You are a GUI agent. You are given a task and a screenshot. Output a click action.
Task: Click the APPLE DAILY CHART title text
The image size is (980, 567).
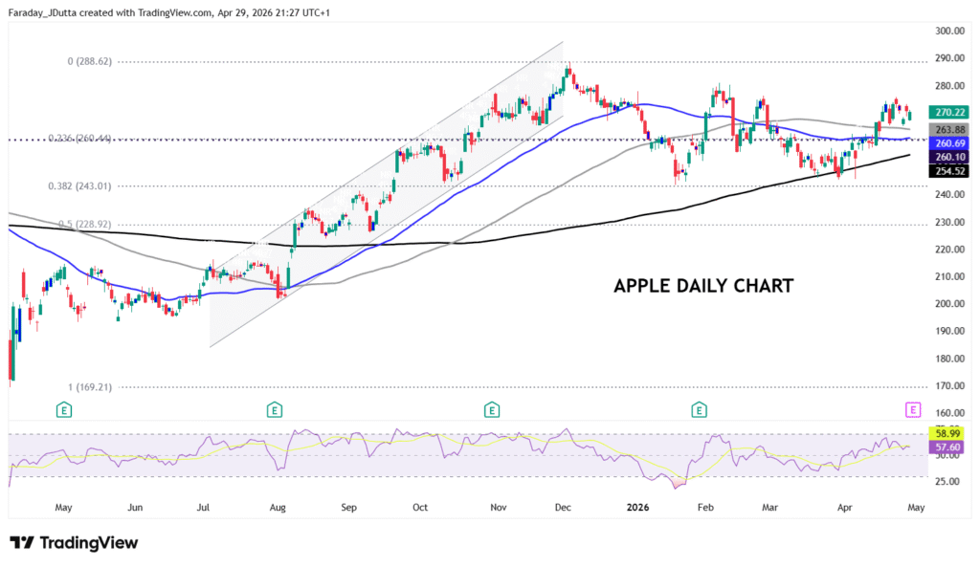[x=702, y=286]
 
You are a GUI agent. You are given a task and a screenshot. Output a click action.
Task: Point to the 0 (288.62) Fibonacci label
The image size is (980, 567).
[x=102, y=61]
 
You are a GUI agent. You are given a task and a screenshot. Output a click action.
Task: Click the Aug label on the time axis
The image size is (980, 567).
[x=278, y=508]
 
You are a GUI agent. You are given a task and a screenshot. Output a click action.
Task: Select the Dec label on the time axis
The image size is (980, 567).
[x=564, y=508]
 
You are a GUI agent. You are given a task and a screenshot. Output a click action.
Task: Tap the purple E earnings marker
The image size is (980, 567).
[x=912, y=409]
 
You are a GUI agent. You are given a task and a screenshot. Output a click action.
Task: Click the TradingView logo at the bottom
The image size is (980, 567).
[x=75, y=543]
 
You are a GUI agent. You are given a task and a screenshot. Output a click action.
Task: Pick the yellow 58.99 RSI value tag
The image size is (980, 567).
[x=947, y=433]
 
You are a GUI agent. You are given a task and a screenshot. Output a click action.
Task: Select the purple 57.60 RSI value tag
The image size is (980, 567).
[x=947, y=447]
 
